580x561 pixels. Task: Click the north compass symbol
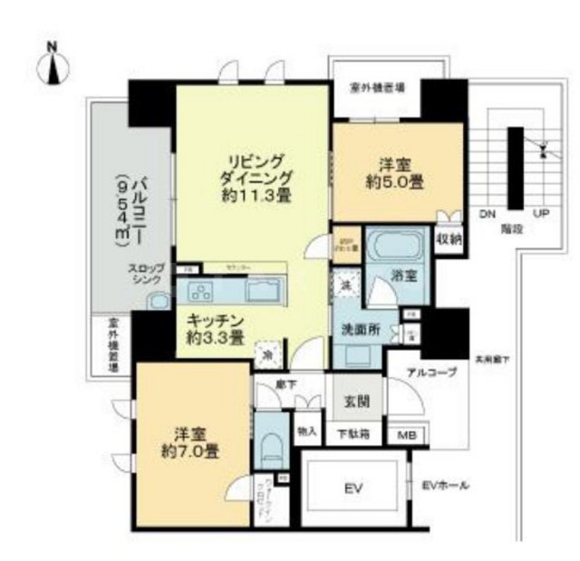coord(53,65)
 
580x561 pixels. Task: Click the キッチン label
coord(215,329)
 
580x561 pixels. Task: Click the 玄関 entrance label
coord(356,399)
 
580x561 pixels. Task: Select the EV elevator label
coord(353,489)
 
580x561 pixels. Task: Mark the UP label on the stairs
coord(543,215)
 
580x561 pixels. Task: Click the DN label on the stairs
coord(487,215)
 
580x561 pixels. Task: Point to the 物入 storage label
coord(306,430)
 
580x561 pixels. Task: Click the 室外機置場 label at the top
coord(377,88)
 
